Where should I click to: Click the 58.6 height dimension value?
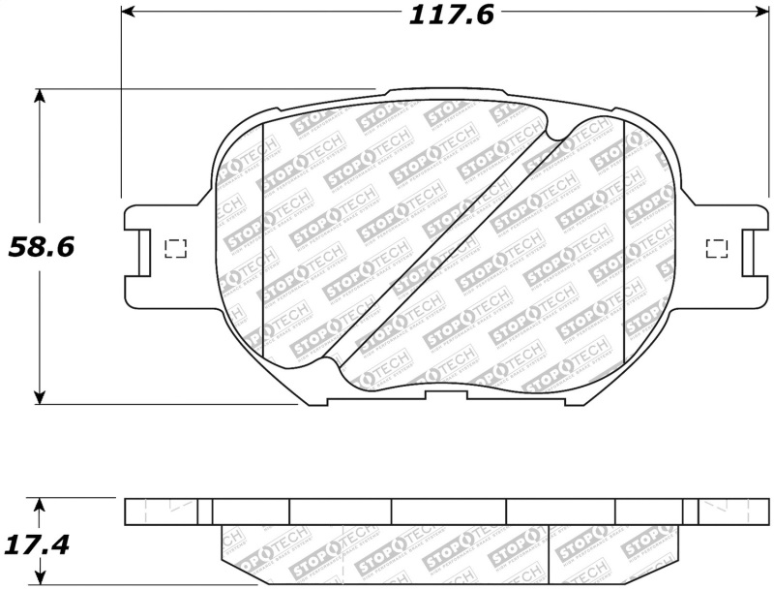click(42, 247)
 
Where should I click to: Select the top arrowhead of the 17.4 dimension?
click(40, 505)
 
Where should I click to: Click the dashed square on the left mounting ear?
click(176, 248)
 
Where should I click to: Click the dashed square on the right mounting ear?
click(717, 248)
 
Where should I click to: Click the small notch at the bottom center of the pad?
click(445, 393)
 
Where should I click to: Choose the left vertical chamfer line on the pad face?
click(263, 242)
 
